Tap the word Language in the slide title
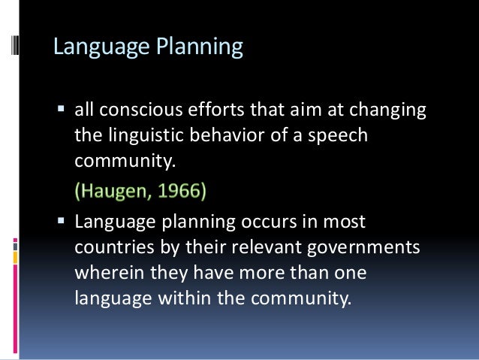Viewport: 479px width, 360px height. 102,47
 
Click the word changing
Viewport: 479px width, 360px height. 387,110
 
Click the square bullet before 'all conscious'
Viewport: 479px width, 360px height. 62,111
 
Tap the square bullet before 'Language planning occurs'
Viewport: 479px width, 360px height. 62,223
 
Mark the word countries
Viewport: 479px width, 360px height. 110,247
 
